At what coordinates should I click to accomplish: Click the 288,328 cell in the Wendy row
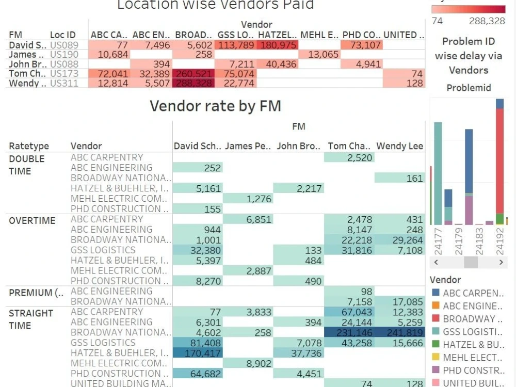[193, 83]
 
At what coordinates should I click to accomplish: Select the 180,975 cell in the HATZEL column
[278, 45]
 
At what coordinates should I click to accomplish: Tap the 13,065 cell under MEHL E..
[319, 55]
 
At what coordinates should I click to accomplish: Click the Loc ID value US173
[64, 74]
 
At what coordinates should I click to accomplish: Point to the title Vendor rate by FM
[215, 106]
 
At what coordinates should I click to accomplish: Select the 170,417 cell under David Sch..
[197, 353]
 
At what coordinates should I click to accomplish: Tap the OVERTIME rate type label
[32, 220]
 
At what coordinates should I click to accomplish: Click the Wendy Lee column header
[399, 146]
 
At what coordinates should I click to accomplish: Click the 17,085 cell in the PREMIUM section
[399, 301]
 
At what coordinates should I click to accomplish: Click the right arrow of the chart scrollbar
[501, 262]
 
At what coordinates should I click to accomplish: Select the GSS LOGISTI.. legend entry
[472, 332]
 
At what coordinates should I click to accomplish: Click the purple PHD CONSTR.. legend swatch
[435, 370]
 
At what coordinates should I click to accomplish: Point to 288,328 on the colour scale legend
[487, 21]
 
